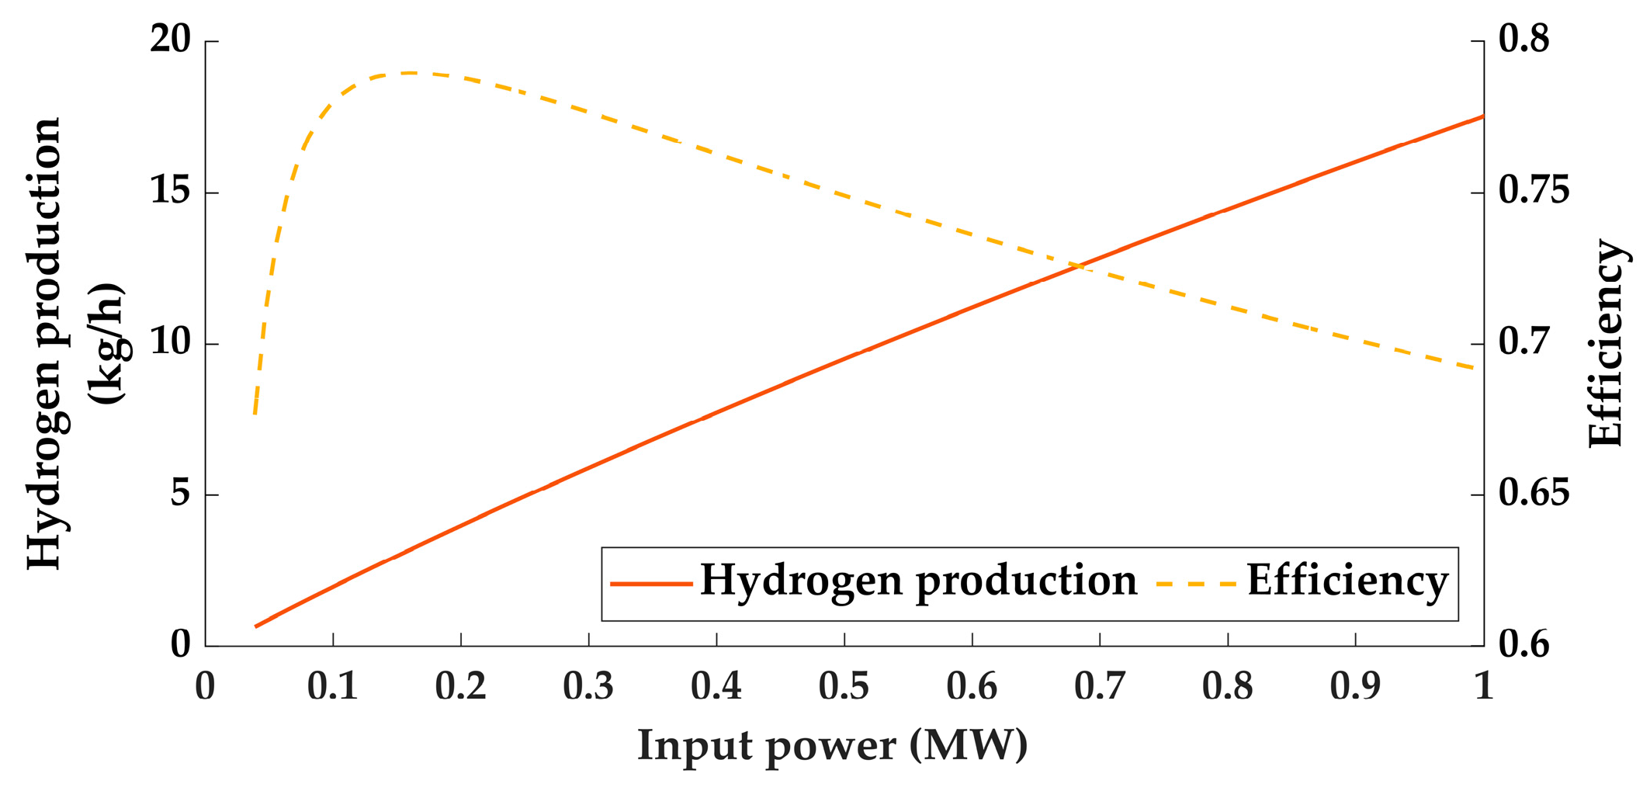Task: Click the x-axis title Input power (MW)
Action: tap(832, 746)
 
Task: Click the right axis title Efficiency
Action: tap(1605, 344)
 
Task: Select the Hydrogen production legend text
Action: tap(918, 580)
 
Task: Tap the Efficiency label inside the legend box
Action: tap(1347, 580)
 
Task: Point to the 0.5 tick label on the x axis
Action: tap(844, 686)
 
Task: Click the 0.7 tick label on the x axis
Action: tap(1100, 686)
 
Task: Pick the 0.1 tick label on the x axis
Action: tap(333, 686)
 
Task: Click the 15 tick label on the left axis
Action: tap(170, 191)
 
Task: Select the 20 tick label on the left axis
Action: tap(170, 40)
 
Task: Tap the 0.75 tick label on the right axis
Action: tap(1534, 191)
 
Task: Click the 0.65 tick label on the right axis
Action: tap(1534, 494)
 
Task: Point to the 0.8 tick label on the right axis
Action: tap(1523, 40)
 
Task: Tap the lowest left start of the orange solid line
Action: tap(256, 626)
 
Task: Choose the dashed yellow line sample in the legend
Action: tap(1195, 583)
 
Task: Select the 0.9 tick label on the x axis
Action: tap(1355, 686)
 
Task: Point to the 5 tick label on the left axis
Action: tap(180, 494)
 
